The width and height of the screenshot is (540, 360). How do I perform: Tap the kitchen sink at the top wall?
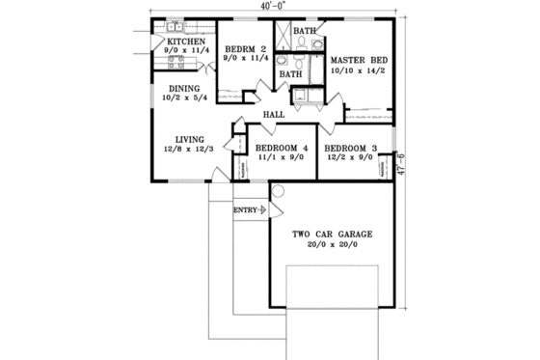click(x=170, y=26)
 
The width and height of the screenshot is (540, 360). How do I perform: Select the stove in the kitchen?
click(x=177, y=63)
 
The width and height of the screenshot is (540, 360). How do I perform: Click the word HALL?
click(x=273, y=115)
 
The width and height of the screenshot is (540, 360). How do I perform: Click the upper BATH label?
click(x=305, y=31)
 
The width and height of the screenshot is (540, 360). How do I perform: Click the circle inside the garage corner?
click(x=277, y=193)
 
